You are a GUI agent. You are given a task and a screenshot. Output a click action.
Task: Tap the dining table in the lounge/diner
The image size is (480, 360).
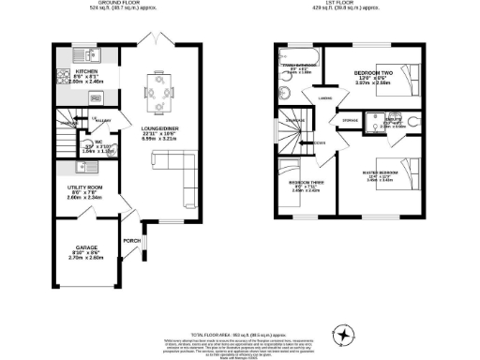[157, 92]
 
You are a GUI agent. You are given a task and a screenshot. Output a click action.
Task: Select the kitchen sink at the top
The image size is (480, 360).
[69, 51]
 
